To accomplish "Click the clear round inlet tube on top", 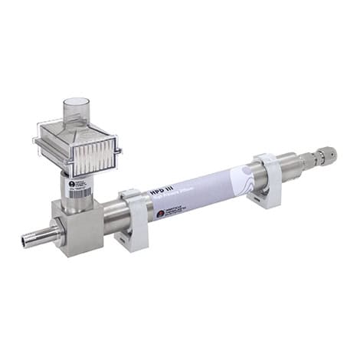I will [77, 107].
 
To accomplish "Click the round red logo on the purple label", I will [160, 214].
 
